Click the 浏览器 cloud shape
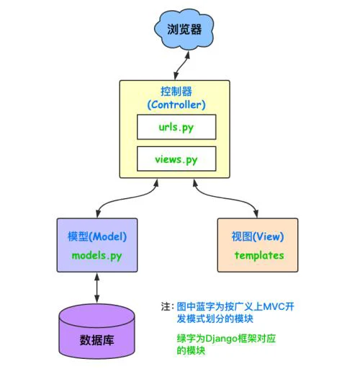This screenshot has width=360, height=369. click(x=184, y=30)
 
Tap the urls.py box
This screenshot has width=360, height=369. click(x=176, y=127)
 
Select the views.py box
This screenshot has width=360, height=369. click(x=176, y=159)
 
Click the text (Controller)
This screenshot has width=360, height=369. click(x=176, y=105)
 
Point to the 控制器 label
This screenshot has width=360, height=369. click(x=176, y=92)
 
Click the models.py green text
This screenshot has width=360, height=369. click(x=97, y=256)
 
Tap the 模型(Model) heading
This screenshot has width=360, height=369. click(x=97, y=236)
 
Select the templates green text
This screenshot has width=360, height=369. click(x=259, y=255)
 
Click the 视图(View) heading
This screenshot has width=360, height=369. click(x=258, y=236)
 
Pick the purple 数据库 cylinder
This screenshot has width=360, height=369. click(x=96, y=332)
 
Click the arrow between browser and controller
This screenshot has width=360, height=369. click(x=181, y=65)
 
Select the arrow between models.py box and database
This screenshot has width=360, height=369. click(x=96, y=288)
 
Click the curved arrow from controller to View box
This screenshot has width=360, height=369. click(x=225, y=197)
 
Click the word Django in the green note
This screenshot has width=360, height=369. click(x=221, y=339)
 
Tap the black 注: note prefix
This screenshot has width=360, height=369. click(x=168, y=307)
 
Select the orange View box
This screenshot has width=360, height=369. click(x=258, y=245)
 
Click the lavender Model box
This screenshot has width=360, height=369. click(x=97, y=245)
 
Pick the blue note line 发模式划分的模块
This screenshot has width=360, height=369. click(x=215, y=319)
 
